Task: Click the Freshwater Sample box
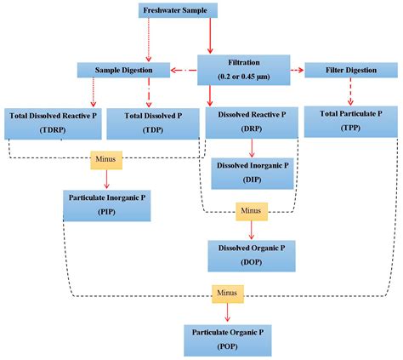(x=178, y=10)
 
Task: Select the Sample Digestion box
(x=123, y=70)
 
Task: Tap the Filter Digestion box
(x=351, y=70)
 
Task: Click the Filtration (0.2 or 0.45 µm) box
(x=244, y=70)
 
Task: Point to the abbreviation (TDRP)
(x=53, y=130)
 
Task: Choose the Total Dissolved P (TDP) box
(x=153, y=123)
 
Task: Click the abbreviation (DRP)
(x=252, y=129)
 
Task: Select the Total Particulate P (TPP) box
(x=351, y=122)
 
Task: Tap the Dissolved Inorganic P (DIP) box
(x=253, y=174)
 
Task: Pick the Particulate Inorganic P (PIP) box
(x=107, y=206)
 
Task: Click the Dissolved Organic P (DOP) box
(x=252, y=256)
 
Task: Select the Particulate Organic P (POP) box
(x=228, y=340)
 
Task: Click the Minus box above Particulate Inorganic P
(x=106, y=160)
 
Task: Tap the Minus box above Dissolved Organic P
(x=252, y=212)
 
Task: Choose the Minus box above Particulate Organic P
(x=228, y=294)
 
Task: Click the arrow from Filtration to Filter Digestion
(x=298, y=70)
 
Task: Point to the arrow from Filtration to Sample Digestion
(x=184, y=70)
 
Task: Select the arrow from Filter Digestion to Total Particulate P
(x=350, y=92)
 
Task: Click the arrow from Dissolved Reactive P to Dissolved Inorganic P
(x=252, y=148)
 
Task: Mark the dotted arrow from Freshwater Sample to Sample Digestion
(x=149, y=40)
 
